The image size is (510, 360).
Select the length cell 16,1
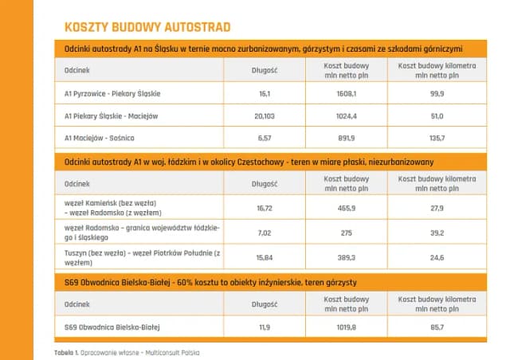tap(265, 93)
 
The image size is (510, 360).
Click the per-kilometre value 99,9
tap(436, 93)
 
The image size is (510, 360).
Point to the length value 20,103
tap(265, 115)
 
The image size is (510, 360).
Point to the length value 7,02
tap(265, 233)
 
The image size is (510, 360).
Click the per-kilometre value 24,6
tap(436, 257)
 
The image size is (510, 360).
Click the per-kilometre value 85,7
tap(436, 327)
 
